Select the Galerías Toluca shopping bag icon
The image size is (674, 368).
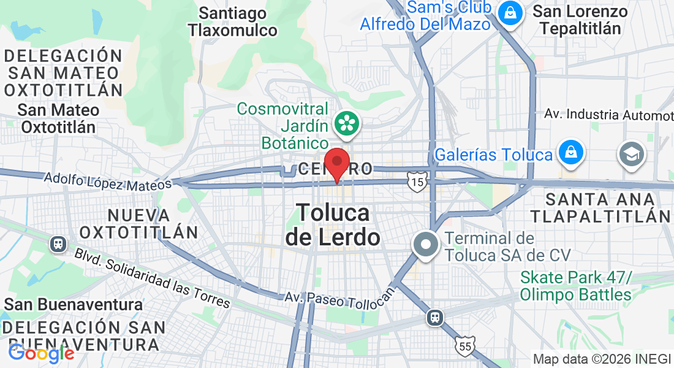pyautogui.click(x=570, y=153)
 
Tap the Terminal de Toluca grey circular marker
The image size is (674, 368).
pyautogui.click(x=426, y=245)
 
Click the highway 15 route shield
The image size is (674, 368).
pyautogui.click(x=417, y=182)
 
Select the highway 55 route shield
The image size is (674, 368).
pyautogui.click(x=465, y=347)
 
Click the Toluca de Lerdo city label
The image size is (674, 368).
pyautogui.click(x=333, y=224)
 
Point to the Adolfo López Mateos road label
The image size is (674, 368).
pyautogui.click(x=108, y=181)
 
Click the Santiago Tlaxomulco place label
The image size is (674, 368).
pyautogui.click(x=233, y=21)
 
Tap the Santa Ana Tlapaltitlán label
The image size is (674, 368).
pyautogui.click(x=600, y=207)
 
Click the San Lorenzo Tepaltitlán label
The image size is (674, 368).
pyautogui.click(x=580, y=20)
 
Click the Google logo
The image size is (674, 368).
pyautogui.click(x=42, y=353)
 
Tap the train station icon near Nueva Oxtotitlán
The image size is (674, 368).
pyautogui.click(x=59, y=243)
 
